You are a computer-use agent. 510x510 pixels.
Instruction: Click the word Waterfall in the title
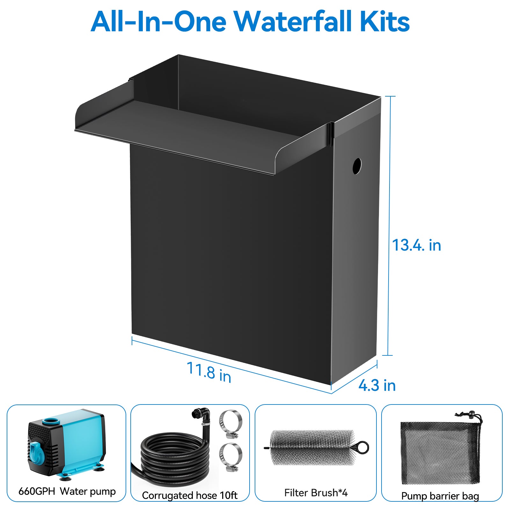293,22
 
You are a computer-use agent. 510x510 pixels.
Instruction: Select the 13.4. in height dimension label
416,245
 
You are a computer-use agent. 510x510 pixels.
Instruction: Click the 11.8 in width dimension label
209,372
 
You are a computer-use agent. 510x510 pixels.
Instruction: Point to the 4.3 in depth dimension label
377,385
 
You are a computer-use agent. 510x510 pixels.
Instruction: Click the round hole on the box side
357,166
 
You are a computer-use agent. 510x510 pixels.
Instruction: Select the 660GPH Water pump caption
67,491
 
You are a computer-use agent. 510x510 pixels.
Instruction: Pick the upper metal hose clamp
230,423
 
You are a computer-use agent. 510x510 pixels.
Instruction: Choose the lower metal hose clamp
230,456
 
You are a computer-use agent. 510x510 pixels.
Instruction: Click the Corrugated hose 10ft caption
190,495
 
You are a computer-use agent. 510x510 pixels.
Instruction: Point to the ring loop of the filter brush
362,447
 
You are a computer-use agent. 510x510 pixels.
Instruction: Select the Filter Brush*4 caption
316,493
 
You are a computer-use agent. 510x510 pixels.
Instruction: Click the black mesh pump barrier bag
440,453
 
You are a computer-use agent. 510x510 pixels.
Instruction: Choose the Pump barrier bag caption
440,496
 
